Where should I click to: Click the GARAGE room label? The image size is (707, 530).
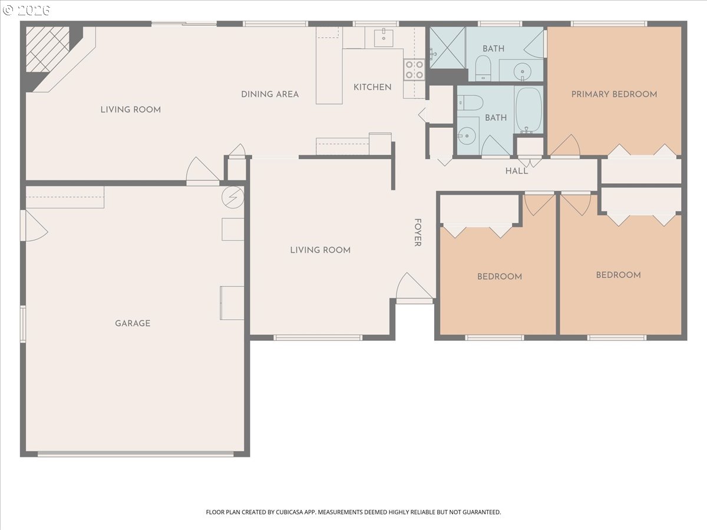click(x=133, y=323)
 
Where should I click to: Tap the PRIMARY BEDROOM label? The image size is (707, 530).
click(x=615, y=94)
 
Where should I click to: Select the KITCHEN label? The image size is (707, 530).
click(x=372, y=87)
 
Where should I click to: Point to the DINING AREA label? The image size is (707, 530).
click(x=270, y=94)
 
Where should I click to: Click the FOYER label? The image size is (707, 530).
click(x=418, y=233)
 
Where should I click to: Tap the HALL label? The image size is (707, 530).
click(x=517, y=171)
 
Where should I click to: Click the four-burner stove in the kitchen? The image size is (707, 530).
click(x=414, y=70)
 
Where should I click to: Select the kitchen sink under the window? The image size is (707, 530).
click(x=384, y=37)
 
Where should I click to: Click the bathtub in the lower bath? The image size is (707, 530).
click(x=529, y=110)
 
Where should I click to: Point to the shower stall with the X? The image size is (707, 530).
click(x=447, y=48)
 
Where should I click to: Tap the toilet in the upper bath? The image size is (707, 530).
click(x=483, y=68)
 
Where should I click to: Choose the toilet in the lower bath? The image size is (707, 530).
click(x=470, y=102)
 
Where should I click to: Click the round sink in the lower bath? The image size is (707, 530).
click(x=467, y=136)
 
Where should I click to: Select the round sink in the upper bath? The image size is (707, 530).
click(x=522, y=71)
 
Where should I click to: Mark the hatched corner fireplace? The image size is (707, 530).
click(x=47, y=49)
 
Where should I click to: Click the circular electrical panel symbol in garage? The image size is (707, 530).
click(x=233, y=197)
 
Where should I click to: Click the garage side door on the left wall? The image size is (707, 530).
click(x=34, y=226)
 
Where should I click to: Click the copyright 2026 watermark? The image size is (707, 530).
click(x=27, y=10)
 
